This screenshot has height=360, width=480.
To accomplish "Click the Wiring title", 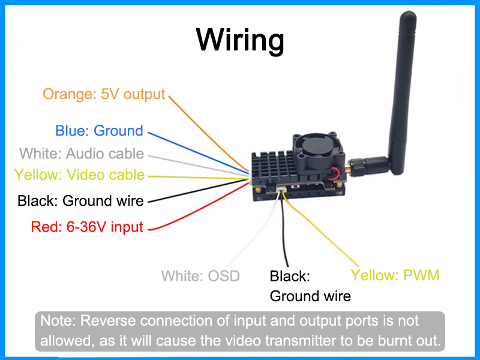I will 240,41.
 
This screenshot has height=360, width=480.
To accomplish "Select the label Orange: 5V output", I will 103,94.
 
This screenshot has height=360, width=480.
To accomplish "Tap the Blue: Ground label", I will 99,131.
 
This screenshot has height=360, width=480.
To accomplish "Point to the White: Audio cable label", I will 82,153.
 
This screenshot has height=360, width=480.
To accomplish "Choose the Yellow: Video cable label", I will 79,175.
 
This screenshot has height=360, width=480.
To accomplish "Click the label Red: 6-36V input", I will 87,227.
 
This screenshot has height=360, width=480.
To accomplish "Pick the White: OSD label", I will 200,276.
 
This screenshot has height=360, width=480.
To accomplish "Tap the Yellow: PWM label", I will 395,275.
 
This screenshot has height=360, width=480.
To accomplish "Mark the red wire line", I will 198,208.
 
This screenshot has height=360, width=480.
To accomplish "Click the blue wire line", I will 198,154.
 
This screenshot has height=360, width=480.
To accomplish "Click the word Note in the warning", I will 55,320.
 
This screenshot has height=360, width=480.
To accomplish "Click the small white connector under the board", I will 282,191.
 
